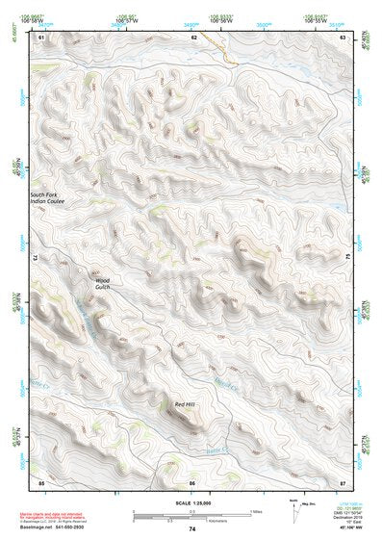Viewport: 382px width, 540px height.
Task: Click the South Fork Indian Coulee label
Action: pyautogui.click(x=47, y=196)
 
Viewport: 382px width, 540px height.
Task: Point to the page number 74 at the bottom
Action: pyautogui.click(x=191, y=530)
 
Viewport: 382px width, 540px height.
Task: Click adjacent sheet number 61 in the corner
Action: pyautogui.click(x=41, y=37)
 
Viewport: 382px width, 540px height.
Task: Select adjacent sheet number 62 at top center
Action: pyautogui.click(x=193, y=37)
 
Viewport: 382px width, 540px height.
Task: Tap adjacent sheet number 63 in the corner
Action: pyautogui.click(x=343, y=37)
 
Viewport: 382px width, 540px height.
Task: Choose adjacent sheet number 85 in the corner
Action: pyautogui.click(x=41, y=480)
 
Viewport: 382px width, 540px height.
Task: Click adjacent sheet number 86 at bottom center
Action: pyautogui.click(x=192, y=480)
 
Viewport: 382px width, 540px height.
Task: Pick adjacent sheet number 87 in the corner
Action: pyautogui.click(x=343, y=480)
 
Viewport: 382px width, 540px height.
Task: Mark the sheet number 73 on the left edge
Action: pyautogui.click(x=36, y=258)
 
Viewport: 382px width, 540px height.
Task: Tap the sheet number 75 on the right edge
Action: pyautogui.click(x=348, y=258)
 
